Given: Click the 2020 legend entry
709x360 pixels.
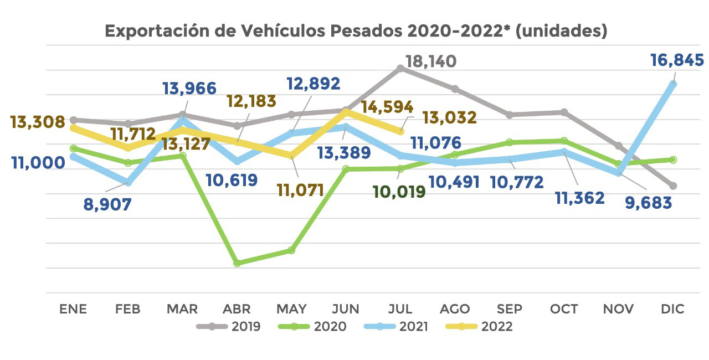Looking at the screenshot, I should point(312,326).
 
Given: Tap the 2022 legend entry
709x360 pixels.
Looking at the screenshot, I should point(479,326).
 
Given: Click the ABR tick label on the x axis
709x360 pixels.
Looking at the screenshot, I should point(237,309).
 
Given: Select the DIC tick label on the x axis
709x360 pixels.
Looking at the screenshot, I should point(672,309).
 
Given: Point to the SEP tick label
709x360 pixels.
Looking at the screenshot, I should point(509,309).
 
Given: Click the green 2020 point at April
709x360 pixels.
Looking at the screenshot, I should point(237,263).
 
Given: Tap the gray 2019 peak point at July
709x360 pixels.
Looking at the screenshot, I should point(400,68).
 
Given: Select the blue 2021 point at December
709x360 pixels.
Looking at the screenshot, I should point(673,84).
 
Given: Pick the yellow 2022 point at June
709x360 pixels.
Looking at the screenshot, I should point(346,111).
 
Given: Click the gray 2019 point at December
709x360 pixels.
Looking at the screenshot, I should point(673,186).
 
